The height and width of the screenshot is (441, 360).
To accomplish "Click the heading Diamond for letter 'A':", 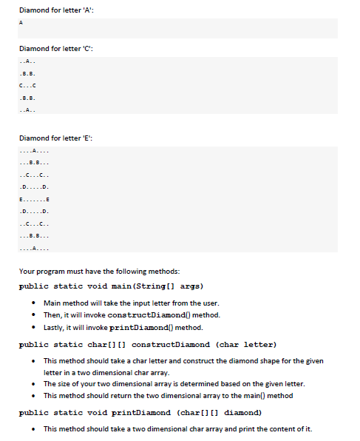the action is click(x=55, y=8).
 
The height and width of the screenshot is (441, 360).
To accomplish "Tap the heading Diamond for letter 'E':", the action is click(x=55, y=138).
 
